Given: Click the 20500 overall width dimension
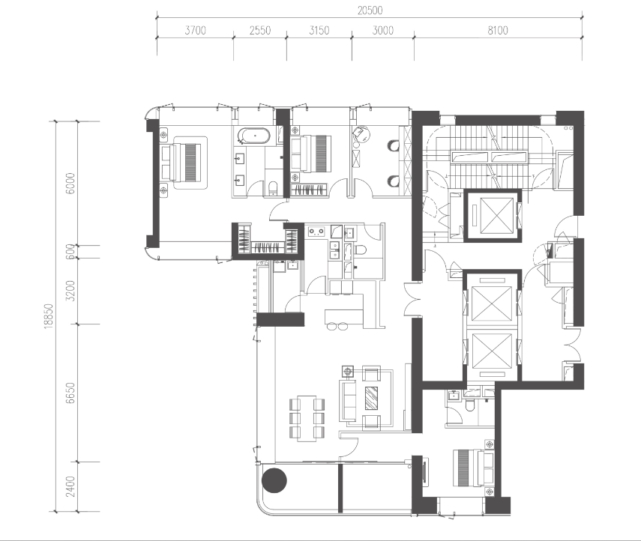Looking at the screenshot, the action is (x=370, y=10).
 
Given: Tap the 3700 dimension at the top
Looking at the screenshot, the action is (x=196, y=30).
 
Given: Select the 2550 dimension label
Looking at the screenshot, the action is (x=260, y=30).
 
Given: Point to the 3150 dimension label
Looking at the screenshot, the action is (x=319, y=30).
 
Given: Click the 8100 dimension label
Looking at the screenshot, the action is (x=498, y=30).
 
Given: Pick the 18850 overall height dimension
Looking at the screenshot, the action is (x=49, y=315).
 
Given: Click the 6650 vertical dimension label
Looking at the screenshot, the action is (x=70, y=393).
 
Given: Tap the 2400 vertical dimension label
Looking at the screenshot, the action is (x=70, y=486).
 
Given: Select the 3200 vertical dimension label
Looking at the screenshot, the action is (x=70, y=291).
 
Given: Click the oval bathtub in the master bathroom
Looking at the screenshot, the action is (x=255, y=136).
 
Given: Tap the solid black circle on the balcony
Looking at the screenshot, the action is (x=274, y=480).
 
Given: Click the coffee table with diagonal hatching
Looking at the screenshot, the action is (x=372, y=398).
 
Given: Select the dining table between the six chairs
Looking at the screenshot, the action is (x=307, y=418).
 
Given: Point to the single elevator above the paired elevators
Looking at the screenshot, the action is (x=493, y=215).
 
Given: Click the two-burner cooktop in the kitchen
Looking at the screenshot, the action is (x=316, y=232).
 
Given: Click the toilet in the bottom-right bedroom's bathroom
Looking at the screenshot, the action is (x=470, y=405).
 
